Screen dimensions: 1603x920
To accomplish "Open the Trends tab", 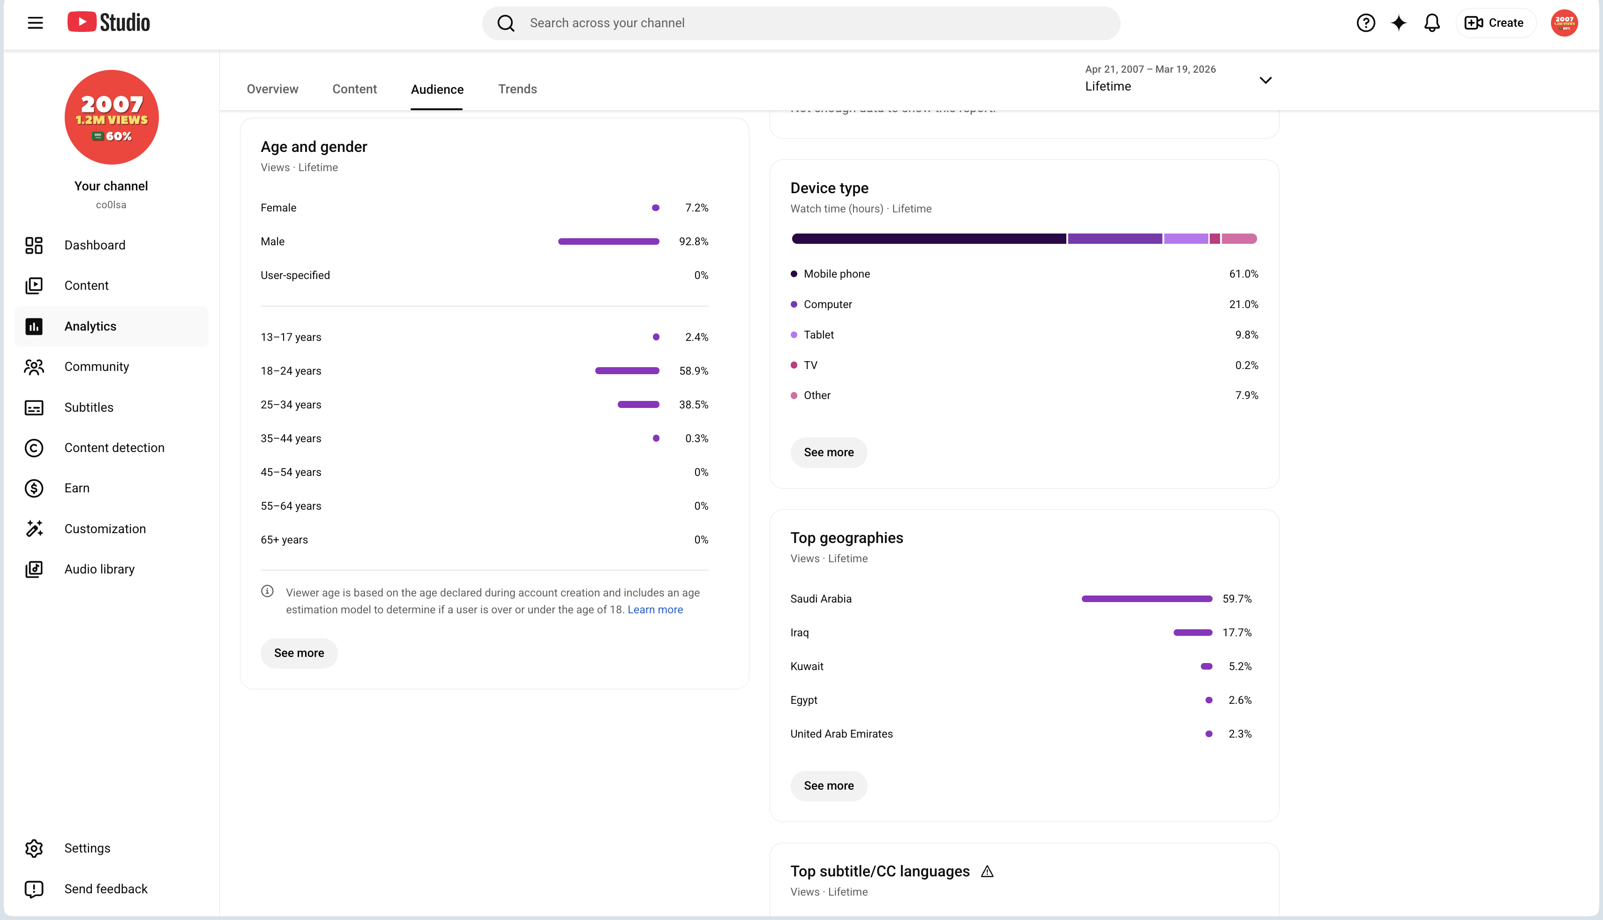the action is coord(517,89).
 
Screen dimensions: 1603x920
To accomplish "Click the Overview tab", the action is coord(272,89).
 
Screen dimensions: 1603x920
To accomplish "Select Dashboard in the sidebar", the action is coord(95,245).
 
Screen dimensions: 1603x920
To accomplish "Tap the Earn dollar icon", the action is coord(34,489).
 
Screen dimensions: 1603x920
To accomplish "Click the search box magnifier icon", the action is coord(506,23).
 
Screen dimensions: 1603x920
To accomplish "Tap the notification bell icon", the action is coord(1432,23).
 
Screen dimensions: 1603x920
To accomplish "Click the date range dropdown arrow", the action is coord(1266,80).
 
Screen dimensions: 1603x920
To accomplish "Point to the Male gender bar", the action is coord(609,241).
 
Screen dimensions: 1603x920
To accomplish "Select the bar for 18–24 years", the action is coord(627,371).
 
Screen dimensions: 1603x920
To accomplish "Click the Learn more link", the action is coord(655,610).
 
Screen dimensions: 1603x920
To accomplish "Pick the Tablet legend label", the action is coord(818,335).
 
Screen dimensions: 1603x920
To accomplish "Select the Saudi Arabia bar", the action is coord(1147,599).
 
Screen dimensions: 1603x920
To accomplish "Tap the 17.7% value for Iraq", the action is coord(1236,633).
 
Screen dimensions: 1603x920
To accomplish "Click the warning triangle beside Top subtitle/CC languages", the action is coord(987,872).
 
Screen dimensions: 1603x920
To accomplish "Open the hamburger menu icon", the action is coord(35,23).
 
